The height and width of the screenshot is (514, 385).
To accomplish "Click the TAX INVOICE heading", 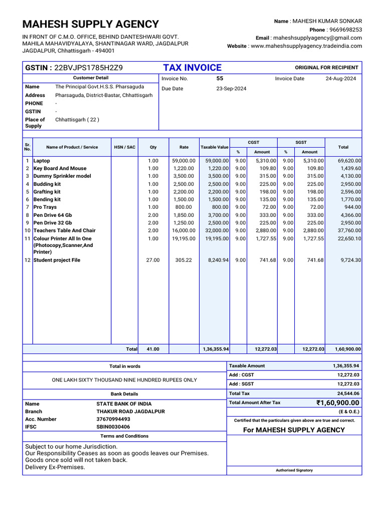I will pyautogui.click(x=192, y=68).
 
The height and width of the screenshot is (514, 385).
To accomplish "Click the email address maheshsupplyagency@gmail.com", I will pyautogui.click(x=317, y=38).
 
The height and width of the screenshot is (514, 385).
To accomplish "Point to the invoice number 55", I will pyautogui.click(x=220, y=79).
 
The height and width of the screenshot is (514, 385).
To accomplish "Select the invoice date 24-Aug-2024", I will pyautogui.click(x=341, y=79).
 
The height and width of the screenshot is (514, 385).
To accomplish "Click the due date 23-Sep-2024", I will pyautogui.click(x=231, y=88).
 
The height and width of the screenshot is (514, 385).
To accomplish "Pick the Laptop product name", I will pyautogui.click(x=42, y=161).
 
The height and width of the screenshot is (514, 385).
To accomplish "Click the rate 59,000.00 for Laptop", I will pyautogui.click(x=184, y=161).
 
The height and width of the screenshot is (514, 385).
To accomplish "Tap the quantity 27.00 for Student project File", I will pyautogui.click(x=153, y=260).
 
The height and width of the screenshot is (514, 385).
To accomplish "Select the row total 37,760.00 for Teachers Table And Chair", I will pyautogui.click(x=349, y=230).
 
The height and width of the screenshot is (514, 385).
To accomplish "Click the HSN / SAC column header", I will pyautogui.click(x=124, y=147).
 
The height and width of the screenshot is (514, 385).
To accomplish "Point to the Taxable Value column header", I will pyautogui.click(x=215, y=147).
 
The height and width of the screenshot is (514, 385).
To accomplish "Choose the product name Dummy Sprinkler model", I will pyautogui.click(x=62, y=176).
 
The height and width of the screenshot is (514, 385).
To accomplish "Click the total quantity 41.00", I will pyautogui.click(x=153, y=349).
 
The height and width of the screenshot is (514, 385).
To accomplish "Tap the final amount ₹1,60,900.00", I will pyautogui.click(x=337, y=403).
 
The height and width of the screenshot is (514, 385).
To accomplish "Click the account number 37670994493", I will pyautogui.click(x=113, y=419).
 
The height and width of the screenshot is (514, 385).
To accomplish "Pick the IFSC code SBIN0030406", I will pyautogui.click(x=113, y=427).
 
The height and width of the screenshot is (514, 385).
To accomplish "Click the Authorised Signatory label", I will pyautogui.click(x=294, y=470).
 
